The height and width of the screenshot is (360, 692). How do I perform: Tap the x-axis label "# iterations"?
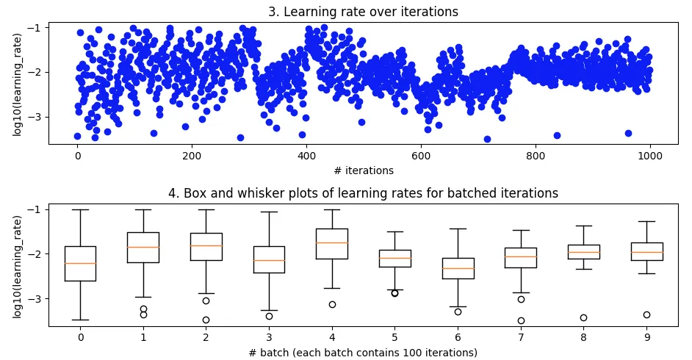coord(364,170)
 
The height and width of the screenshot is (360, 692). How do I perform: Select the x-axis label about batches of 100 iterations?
coord(364,352)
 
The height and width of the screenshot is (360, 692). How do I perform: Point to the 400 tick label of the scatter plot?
coord(306,156)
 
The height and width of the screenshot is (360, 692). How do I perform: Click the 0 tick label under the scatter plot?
coord(77,156)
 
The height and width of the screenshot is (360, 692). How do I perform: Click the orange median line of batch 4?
coord(332,242)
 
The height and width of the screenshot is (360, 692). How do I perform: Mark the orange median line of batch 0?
coord(80,263)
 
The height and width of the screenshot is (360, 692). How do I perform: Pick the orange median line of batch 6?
coord(458,268)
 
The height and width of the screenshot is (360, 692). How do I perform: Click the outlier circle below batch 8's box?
coord(583,318)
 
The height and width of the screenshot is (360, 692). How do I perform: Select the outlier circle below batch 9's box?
coord(646,314)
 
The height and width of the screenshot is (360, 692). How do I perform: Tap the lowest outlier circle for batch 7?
coord(521,320)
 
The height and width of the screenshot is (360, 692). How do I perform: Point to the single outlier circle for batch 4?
coord(332,304)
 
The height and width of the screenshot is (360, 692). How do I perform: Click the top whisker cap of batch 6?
coord(458,228)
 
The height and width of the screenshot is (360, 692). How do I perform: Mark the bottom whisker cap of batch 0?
coord(80,320)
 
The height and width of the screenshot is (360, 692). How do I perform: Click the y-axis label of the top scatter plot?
coord(17,82)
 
